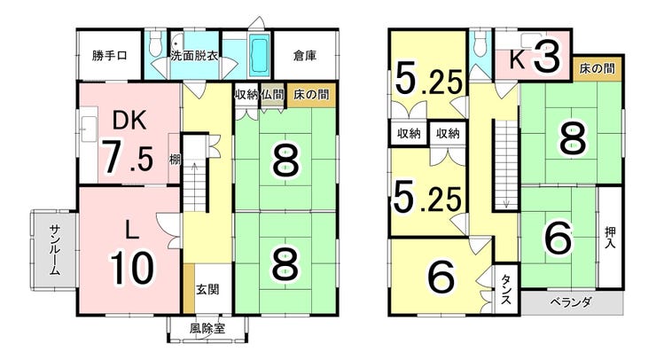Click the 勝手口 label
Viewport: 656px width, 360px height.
coord(109,55)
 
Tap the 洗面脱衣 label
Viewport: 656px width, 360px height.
coord(194,55)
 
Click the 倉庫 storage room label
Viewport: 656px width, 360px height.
coord(305,55)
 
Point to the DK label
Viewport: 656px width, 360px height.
coord(130,120)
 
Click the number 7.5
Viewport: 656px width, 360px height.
coord(128,157)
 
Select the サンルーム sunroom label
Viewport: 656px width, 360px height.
coord(55,250)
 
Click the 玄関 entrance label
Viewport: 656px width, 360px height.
coord(207,289)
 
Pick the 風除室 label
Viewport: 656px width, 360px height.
coord(207,329)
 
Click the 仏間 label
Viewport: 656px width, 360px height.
coord(272,95)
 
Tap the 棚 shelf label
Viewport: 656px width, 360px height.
coord(175,160)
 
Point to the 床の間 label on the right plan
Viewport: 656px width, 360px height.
coord(597,68)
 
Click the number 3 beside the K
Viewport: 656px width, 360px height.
coord(545,58)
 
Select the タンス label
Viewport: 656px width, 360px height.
coord(506,289)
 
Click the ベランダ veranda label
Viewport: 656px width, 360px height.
coord(571,301)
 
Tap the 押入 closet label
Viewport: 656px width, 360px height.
coord(610,238)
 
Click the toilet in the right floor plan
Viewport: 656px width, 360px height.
coord(480,43)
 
